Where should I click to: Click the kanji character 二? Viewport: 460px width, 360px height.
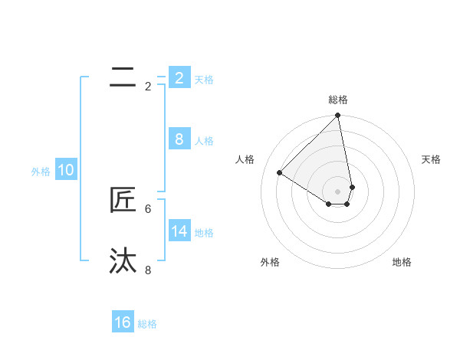click(x=123, y=76)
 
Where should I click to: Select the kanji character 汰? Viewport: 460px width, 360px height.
click(x=123, y=260)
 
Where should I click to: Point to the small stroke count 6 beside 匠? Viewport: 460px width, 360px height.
click(x=148, y=208)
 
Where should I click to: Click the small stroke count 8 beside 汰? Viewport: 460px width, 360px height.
click(x=148, y=270)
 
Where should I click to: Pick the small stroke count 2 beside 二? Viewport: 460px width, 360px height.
click(x=148, y=87)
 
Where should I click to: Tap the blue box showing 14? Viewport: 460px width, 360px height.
click(x=179, y=231)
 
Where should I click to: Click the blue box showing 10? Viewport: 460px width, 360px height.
click(x=66, y=170)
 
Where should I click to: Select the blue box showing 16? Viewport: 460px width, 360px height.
click(x=123, y=322)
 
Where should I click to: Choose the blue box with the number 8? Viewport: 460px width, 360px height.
click(x=179, y=139)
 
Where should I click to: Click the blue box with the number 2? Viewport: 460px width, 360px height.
click(x=179, y=77)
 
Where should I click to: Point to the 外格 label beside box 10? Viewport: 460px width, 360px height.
click(x=41, y=172)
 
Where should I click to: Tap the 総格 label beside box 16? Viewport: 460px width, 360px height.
click(x=147, y=324)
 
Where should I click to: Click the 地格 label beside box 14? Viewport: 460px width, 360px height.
click(x=204, y=232)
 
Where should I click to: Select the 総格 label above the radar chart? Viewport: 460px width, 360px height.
click(x=338, y=100)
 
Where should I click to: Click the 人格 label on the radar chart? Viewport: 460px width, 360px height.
click(x=245, y=159)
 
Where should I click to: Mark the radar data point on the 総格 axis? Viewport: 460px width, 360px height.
click(x=338, y=116)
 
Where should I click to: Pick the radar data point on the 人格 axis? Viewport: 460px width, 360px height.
click(x=280, y=172)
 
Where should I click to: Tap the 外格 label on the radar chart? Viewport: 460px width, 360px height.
click(x=270, y=262)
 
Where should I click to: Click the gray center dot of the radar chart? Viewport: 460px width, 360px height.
click(x=338, y=191)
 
